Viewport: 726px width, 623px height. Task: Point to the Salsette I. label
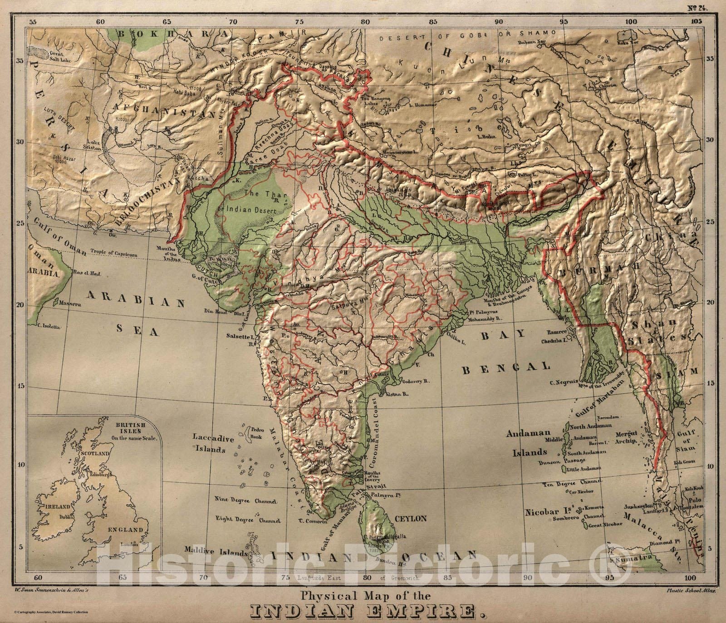241,337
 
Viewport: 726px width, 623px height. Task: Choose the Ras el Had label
86,273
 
